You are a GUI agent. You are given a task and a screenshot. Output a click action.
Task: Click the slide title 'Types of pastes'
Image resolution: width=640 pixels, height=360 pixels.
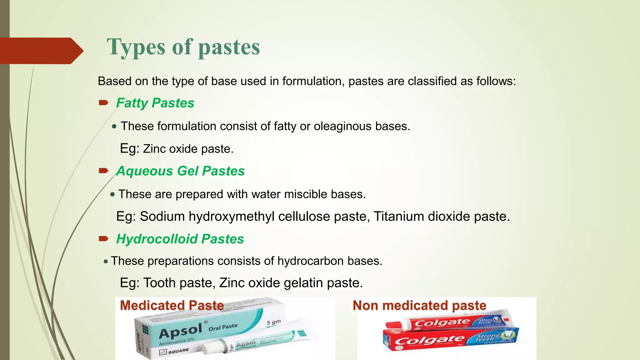183,47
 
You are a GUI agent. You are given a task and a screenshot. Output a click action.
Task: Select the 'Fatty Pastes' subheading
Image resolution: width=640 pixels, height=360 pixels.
155,103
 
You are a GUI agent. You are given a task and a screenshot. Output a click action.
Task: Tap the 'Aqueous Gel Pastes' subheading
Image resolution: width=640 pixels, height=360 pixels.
180,171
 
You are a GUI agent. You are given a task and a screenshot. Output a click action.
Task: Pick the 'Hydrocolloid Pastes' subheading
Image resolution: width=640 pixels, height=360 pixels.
180,239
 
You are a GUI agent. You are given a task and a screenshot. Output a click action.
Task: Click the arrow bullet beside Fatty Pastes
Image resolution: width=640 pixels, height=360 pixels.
103,102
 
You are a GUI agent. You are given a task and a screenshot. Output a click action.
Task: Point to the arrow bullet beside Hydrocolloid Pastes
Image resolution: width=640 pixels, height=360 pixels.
103,239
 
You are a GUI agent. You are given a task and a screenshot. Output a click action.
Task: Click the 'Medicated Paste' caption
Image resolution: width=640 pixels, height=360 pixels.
172,305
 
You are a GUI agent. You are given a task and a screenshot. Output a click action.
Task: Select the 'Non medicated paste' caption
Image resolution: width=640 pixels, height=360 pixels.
419,305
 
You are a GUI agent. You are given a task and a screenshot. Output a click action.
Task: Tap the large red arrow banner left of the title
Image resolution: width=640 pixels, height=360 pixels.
41,51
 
